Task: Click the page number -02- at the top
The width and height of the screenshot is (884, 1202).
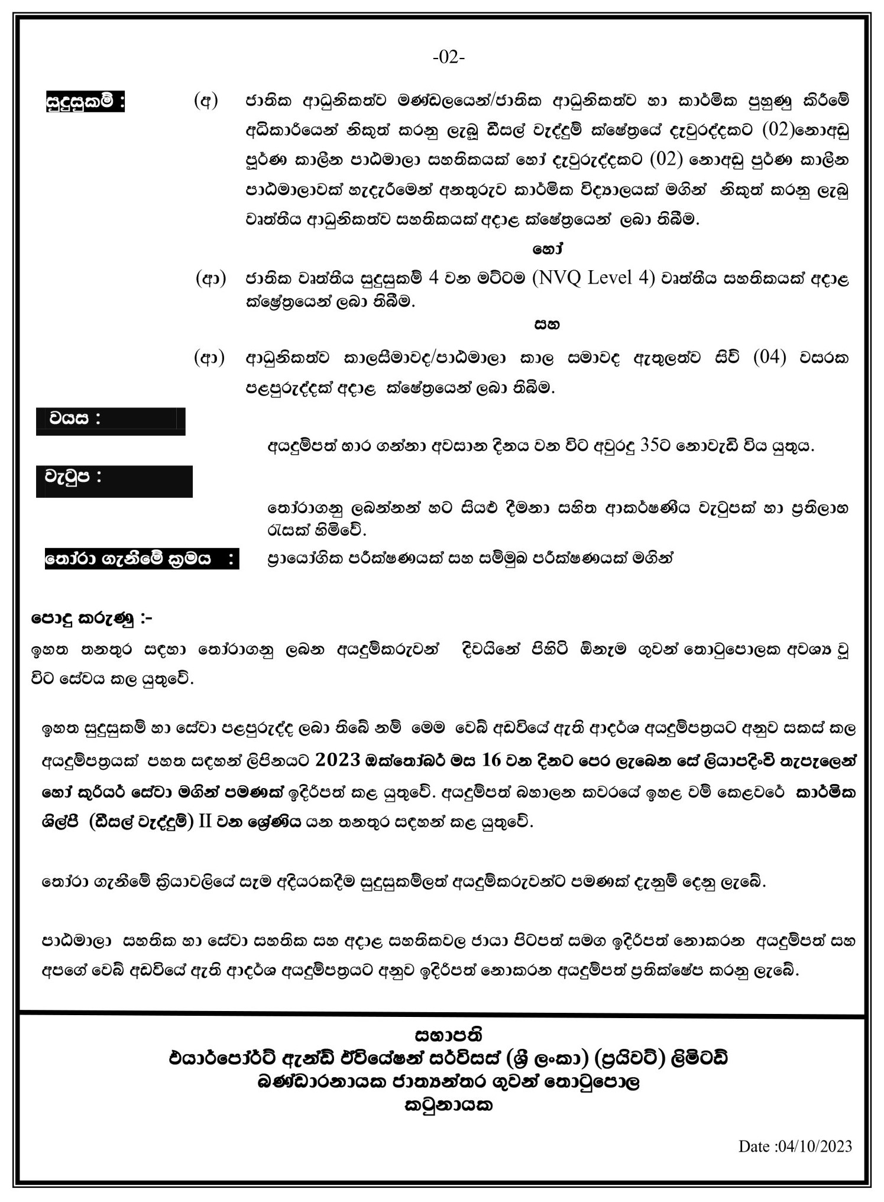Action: click(449, 57)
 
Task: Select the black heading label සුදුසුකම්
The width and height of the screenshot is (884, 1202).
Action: click(85, 102)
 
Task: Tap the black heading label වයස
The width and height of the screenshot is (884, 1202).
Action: click(75, 419)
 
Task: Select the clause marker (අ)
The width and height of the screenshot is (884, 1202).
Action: click(206, 101)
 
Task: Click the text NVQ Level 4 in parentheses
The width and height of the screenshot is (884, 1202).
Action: click(594, 278)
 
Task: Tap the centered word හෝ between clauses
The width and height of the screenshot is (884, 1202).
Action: click(548, 250)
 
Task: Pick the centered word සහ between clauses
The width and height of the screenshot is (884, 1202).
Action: click(547, 324)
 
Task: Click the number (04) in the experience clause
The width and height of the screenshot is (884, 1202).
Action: click(769, 357)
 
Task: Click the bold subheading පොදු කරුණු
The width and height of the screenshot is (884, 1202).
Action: click(92, 619)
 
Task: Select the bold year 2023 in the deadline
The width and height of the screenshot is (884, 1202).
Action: click(338, 760)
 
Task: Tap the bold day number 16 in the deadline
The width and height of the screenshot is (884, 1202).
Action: click(491, 760)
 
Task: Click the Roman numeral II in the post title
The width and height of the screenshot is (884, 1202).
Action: click(205, 822)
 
